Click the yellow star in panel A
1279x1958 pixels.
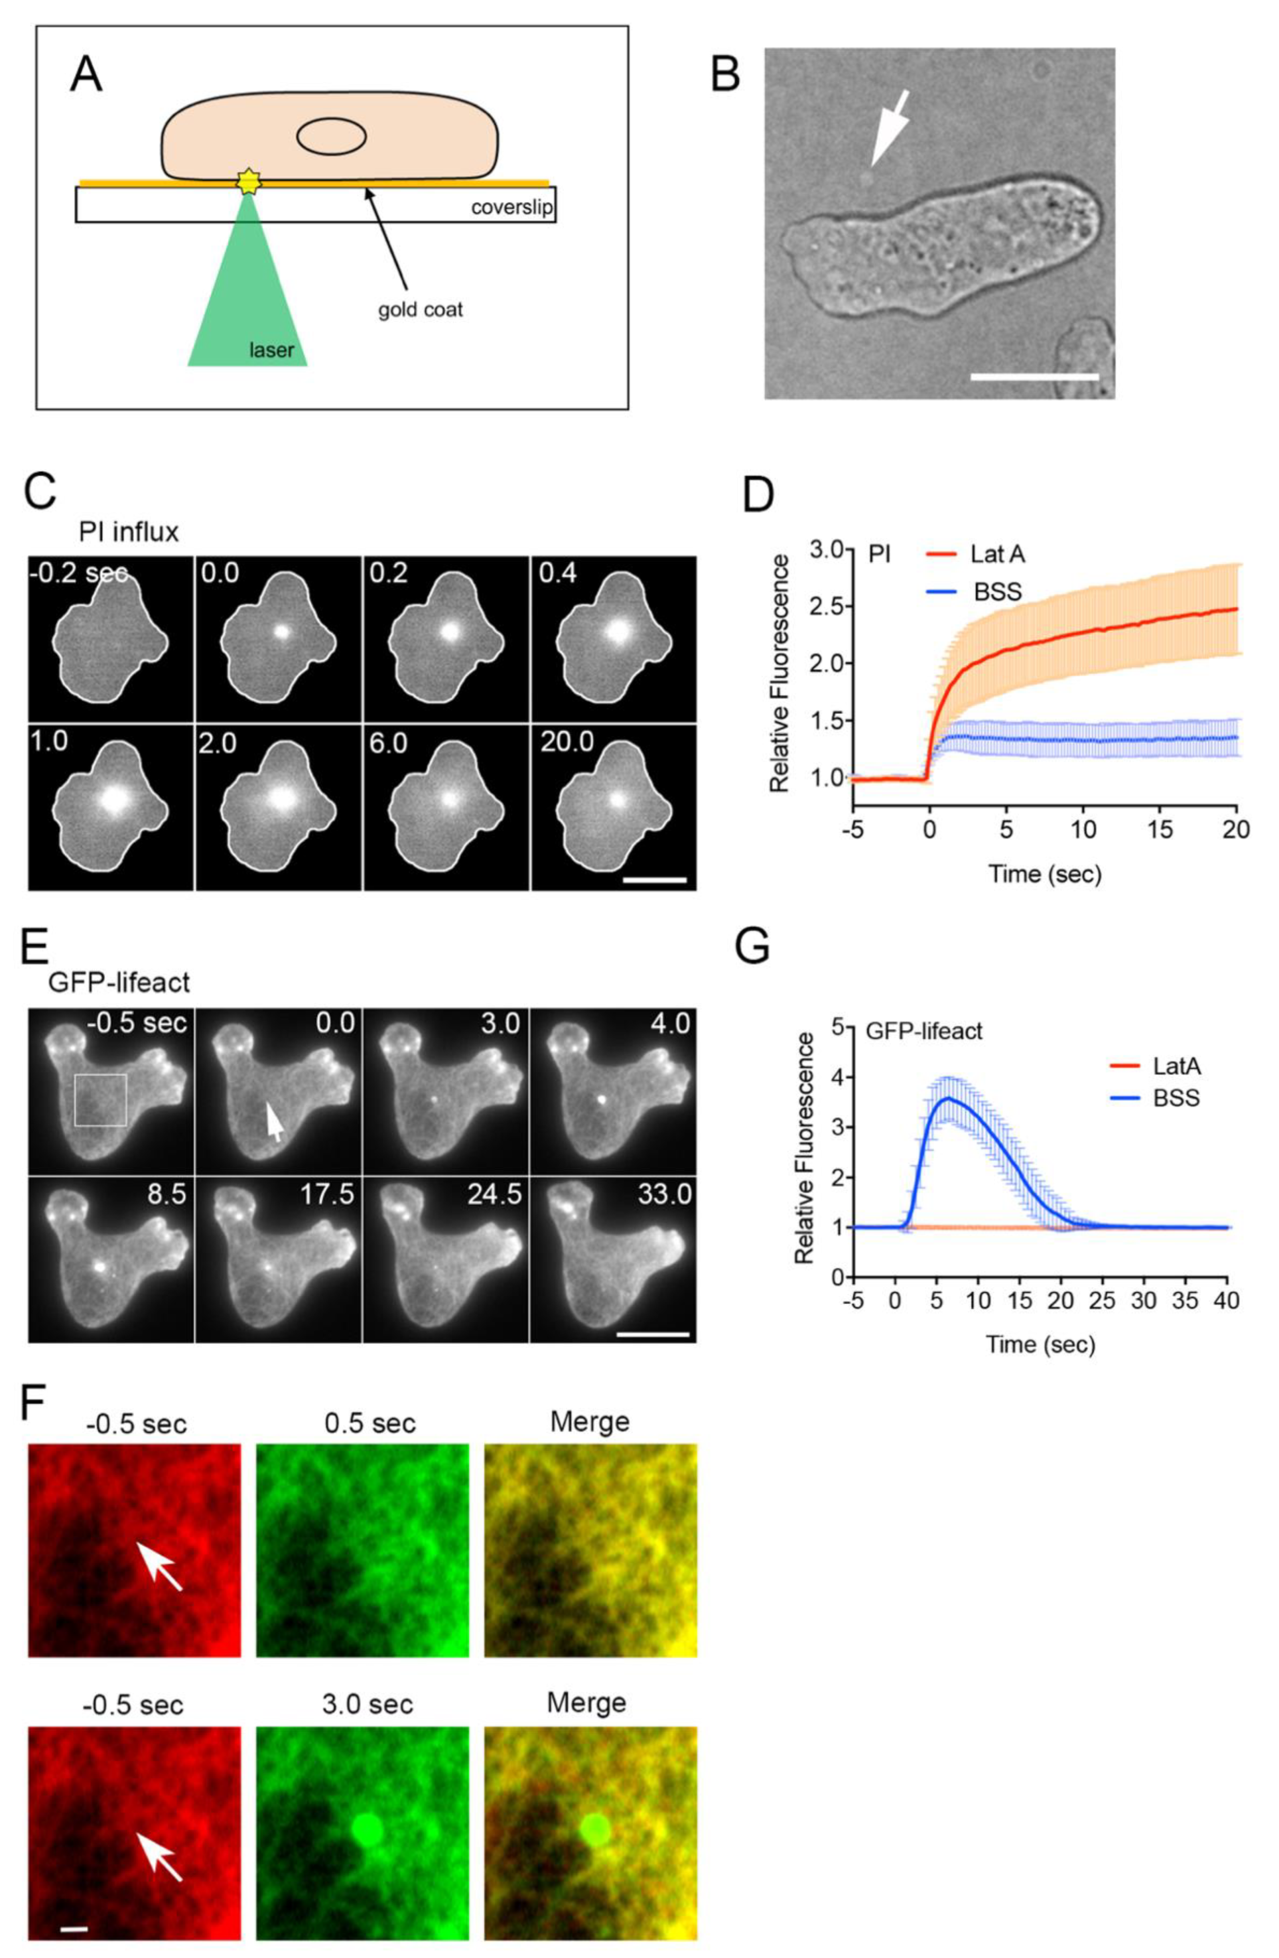point(248,181)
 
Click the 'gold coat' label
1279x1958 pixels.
point(420,310)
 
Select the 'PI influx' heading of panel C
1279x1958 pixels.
point(129,532)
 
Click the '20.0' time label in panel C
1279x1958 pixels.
point(567,742)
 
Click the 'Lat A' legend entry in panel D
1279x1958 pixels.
point(997,554)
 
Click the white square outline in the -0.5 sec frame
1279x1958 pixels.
point(100,1099)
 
